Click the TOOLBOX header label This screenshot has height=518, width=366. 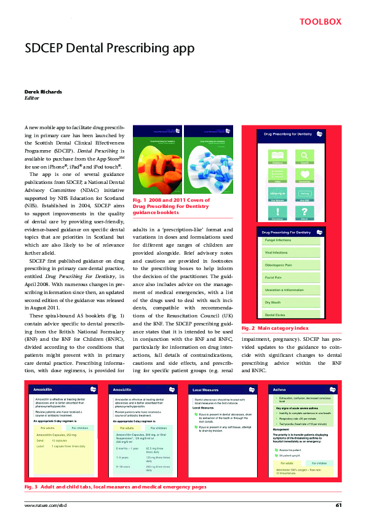(x=320, y=22)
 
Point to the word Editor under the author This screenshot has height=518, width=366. (x=31, y=98)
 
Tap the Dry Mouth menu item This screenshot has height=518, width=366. (x=273, y=303)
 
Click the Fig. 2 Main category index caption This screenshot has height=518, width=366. (x=276, y=329)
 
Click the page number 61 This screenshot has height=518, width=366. (x=338, y=505)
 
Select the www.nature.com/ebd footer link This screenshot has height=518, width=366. (x=45, y=505)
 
